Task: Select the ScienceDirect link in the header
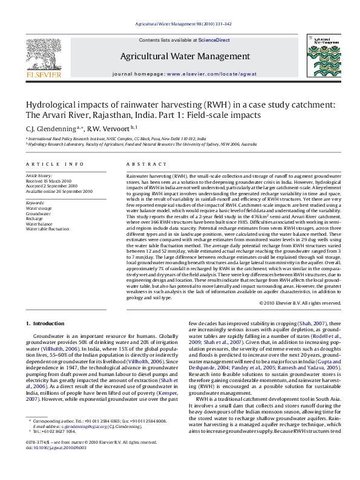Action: [214, 40]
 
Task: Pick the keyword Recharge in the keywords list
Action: [34, 219]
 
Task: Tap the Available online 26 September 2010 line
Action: [59, 191]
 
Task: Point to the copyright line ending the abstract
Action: [298, 302]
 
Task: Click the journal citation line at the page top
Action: [180, 24]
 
